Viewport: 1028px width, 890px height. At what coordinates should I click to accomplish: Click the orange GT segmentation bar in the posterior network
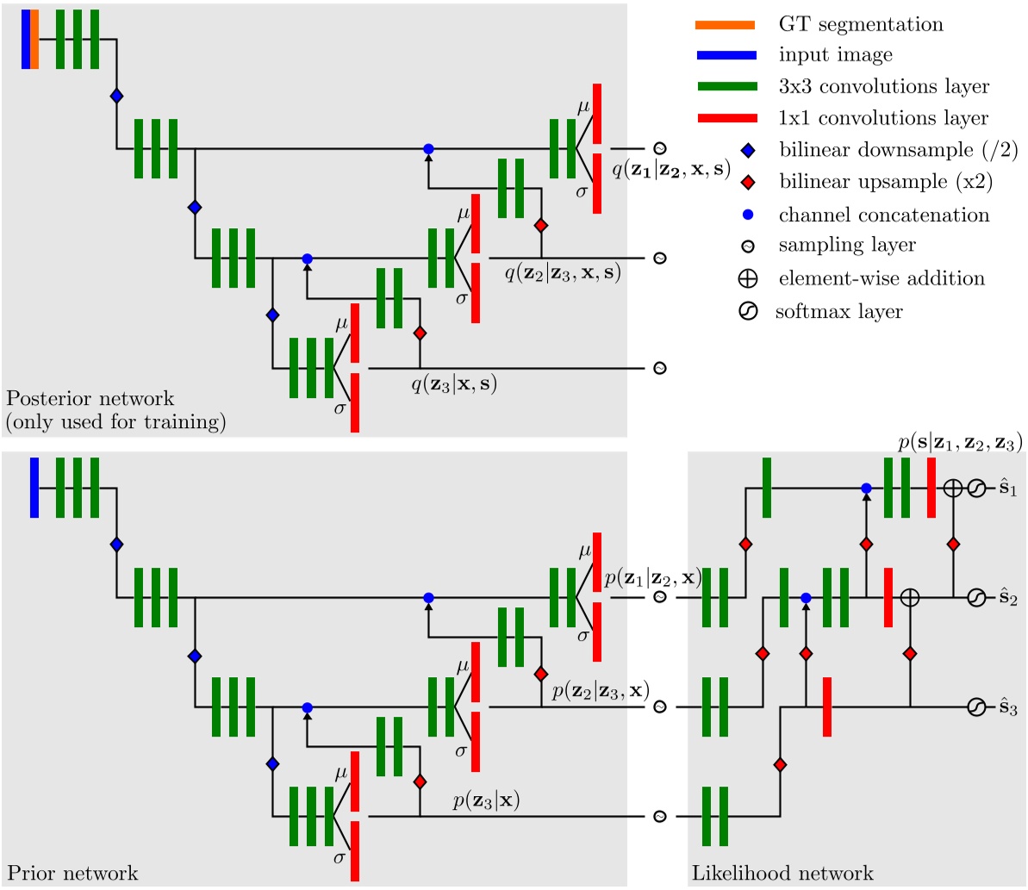click(34, 39)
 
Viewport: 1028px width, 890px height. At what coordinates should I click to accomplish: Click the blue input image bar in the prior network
click(34, 487)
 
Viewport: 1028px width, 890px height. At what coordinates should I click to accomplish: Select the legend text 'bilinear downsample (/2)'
click(898, 150)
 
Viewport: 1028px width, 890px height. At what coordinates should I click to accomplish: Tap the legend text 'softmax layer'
click(838, 311)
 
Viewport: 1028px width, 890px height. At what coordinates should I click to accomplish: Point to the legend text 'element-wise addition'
click(882, 278)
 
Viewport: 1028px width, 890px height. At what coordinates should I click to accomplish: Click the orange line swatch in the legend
click(726, 24)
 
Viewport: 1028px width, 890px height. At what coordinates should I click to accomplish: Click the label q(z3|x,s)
click(453, 384)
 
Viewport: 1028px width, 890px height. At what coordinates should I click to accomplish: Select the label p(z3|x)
click(486, 801)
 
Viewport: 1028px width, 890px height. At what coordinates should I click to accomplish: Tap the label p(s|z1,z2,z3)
click(959, 443)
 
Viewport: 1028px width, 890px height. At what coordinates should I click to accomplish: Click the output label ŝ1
click(1007, 489)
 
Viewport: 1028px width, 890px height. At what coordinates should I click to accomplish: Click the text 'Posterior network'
click(90, 399)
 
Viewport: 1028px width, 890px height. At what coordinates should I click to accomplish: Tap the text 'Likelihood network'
click(782, 873)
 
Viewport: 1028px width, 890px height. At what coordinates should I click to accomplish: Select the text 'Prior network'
click(72, 873)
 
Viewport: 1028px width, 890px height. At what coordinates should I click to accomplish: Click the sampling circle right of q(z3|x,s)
click(660, 368)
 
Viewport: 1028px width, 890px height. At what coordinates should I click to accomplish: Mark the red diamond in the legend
click(748, 183)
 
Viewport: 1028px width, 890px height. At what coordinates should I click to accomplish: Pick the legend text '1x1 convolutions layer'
click(883, 118)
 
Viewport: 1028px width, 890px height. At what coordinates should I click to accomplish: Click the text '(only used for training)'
click(115, 422)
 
